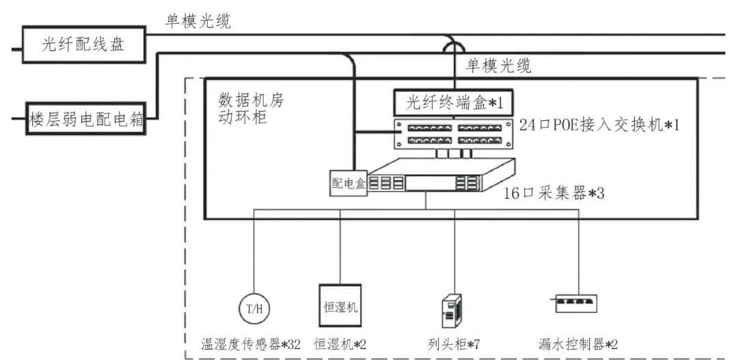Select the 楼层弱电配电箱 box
pos(85,120)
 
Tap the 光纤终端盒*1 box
pos(451,102)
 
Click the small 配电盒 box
pos(349,184)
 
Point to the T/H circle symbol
pos(254,309)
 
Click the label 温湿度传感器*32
pos(251,344)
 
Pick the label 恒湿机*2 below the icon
pos(340,344)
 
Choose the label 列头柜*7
pos(452,344)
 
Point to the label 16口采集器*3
pos(553,193)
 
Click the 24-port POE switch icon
pos(452,133)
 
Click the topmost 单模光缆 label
pos(199,21)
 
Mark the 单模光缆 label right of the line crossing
pos(499,66)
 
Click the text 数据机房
pos(250,100)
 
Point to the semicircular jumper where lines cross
pos(452,46)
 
